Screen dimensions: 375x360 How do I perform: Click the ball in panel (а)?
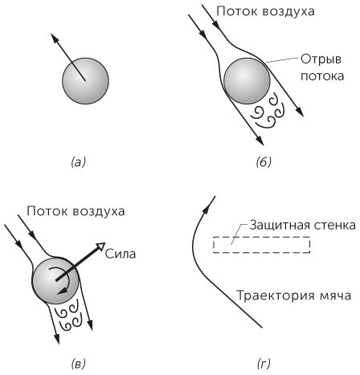click(x=84, y=82)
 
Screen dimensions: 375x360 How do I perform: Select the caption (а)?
click(x=78, y=162)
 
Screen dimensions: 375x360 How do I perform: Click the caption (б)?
click(x=264, y=162)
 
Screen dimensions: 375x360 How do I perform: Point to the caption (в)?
click(x=78, y=364)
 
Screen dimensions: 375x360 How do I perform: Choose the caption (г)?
click(x=264, y=364)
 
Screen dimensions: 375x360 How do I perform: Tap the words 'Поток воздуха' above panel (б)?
click(x=270, y=12)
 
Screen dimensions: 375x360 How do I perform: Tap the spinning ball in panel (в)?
click(x=55, y=281)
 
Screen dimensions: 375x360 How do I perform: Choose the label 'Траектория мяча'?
click(x=292, y=296)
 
